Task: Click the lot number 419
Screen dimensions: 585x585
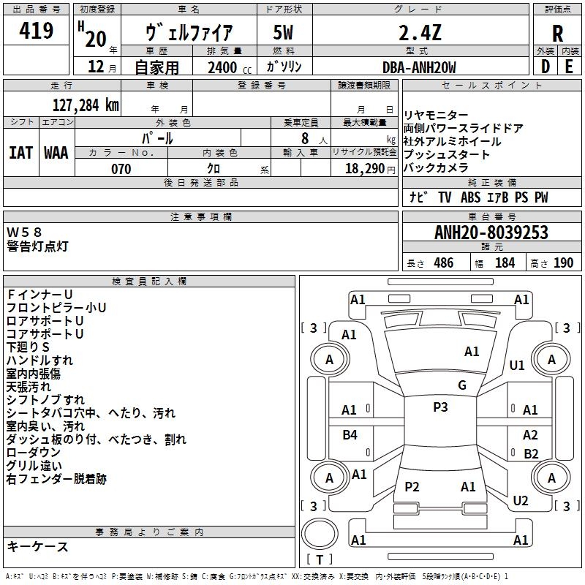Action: (36, 30)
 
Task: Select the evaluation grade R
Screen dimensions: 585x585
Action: (557, 34)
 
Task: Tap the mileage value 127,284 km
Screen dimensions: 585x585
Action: (86, 105)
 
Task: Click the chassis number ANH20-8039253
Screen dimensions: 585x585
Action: (491, 233)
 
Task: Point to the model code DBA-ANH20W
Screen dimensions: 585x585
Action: (419, 67)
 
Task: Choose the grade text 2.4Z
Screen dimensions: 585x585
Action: (420, 33)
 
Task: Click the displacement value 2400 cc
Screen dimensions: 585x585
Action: (230, 67)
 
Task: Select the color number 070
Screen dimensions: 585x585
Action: (121, 169)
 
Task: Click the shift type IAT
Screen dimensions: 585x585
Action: (21, 153)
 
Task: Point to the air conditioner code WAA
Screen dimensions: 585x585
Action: (56, 153)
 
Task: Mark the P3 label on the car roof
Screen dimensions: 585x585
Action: (440, 407)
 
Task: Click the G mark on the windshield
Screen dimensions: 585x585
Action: (462, 385)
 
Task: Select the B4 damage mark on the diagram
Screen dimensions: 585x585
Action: (350, 434)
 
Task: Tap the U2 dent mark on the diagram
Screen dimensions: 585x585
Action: (521, 500)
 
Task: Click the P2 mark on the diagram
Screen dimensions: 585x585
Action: (412, 486)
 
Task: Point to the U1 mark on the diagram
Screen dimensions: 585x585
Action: (517, 365)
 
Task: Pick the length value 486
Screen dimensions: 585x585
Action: (444, 263)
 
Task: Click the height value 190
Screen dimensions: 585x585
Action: (563, 263)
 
